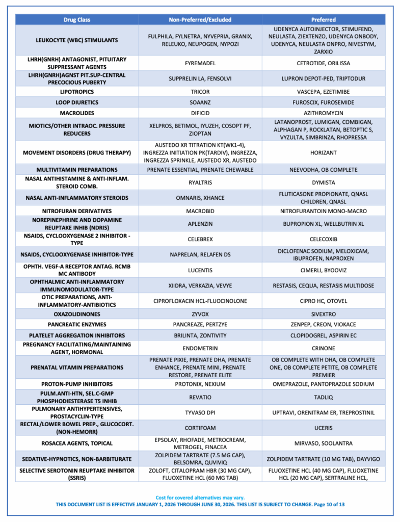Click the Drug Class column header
77,20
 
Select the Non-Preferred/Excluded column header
200,20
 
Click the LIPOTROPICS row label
77,92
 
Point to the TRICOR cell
200,92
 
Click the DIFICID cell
200,113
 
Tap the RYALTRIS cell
200,182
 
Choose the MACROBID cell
200,211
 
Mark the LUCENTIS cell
200,270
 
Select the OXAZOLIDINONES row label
77,314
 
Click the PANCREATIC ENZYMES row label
77,324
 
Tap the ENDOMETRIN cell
200,348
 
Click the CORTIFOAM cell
200,428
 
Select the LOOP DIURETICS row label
77,102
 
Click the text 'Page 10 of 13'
330,505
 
